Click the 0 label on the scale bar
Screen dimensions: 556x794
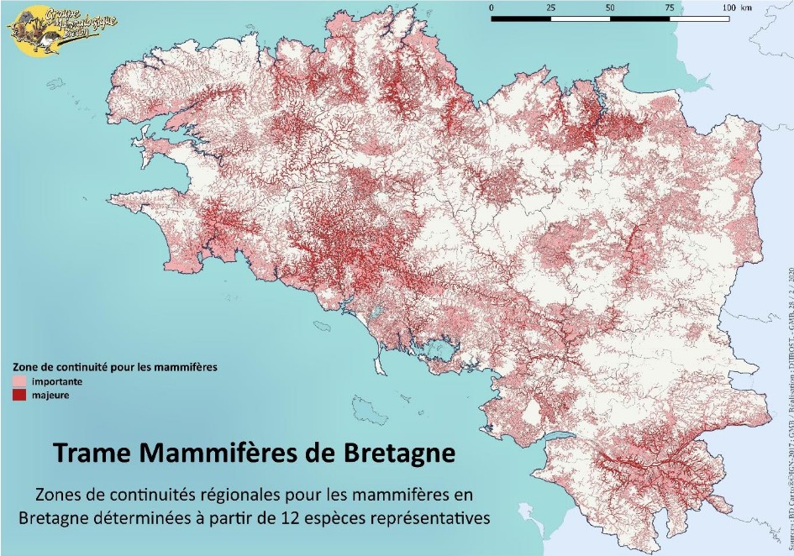pyautogui.click(x=492, y=7)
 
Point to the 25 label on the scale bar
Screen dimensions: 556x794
pyautogui.click(x=550, y=7)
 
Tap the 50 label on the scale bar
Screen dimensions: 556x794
pyautogui.click(x=610, y=7)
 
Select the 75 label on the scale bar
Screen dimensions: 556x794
pyautogui.click(x=669, y=7)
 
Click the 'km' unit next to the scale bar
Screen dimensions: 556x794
pyautogui.click(x=746, y=7)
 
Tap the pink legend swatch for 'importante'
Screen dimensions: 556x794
pyautogui.click(x=18, y=381)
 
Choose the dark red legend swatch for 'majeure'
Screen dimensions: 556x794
pyautogui.click(x=18, y=394)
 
